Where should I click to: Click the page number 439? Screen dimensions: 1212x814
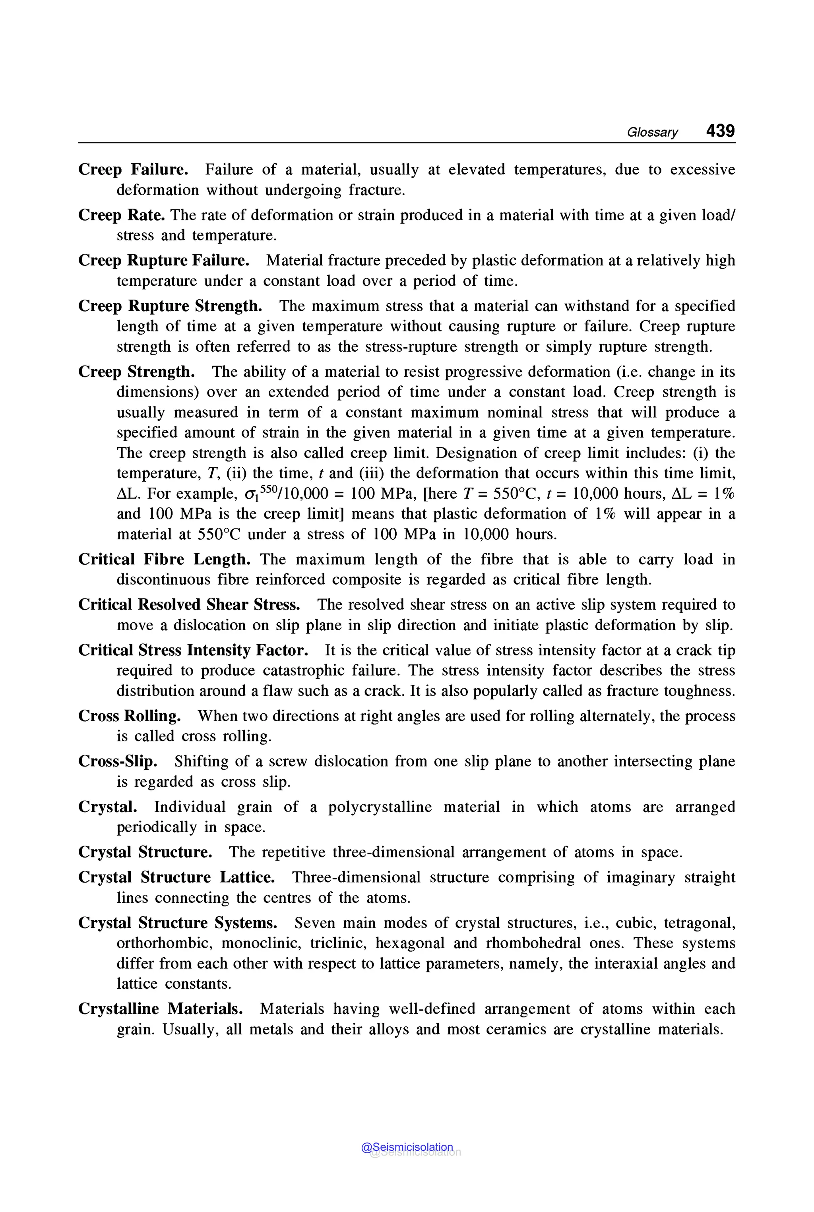[x=720, y=130]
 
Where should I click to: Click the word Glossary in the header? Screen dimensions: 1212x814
[x=652, y=132]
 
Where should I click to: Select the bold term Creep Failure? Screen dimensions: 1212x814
[x=133, y=170]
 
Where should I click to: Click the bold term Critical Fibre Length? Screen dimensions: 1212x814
[x=164, y=559]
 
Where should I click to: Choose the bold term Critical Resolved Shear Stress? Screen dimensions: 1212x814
[x=189, y=605]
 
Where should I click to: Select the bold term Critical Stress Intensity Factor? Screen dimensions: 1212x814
[x=193, y=651]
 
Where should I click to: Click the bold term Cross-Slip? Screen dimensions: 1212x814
[x=118, y=761]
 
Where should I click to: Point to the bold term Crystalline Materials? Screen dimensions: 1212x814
[x=161, y=1009]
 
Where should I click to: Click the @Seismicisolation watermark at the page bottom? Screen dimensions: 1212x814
[x=407, y=1147]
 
